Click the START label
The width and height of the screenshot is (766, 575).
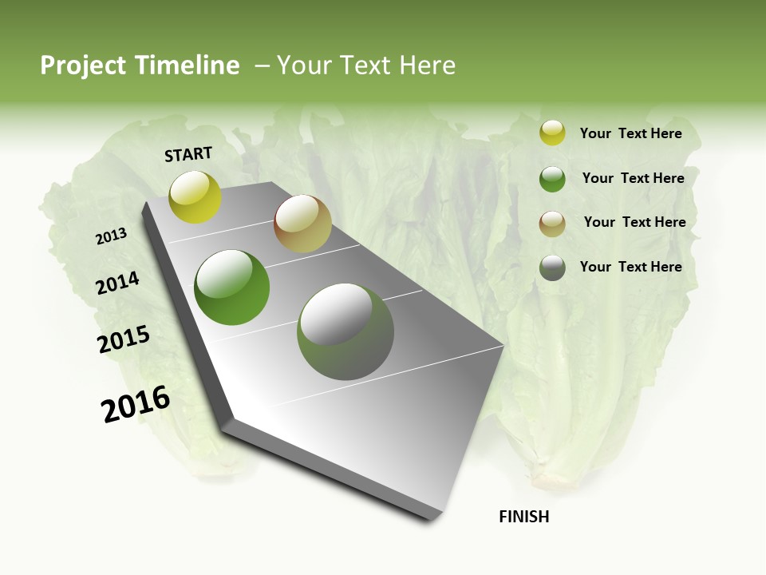(188, 154)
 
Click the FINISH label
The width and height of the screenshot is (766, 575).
(523, 517)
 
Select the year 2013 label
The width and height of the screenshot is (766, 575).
(111, 236)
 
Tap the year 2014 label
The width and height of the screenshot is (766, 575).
(117, 284)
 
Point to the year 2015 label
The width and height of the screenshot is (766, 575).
(123, 339)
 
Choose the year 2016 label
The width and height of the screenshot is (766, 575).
(135, 404)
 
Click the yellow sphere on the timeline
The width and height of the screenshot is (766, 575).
(195, 197)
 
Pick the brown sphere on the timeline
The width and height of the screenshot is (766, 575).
(302, 224)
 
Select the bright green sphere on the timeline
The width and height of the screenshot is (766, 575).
(232, 287)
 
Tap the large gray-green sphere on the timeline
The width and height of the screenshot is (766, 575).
(345, 331)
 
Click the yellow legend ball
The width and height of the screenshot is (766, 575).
(552, 133)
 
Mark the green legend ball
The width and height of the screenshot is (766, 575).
(552, 179)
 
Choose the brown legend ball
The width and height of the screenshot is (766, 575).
(552, 224)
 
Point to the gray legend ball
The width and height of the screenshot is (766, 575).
(552, 268)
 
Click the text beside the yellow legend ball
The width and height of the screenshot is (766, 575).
(630, 133)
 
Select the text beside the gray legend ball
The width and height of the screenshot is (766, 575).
(630, 267)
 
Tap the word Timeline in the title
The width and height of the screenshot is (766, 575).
(189, 65)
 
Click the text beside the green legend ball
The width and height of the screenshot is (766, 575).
(633, 178)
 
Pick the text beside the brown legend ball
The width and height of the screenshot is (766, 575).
(634, 222)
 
